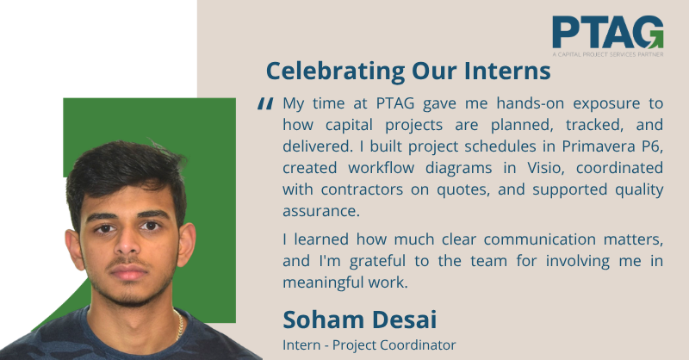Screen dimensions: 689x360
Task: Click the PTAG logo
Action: coord(608,36)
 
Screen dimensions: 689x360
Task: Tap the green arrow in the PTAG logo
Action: coord(655,40)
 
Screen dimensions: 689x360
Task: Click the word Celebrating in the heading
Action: coord(335,71)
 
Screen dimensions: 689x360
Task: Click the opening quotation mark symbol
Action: coord(265,103)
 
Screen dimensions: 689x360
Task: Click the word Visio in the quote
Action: coord(545,168)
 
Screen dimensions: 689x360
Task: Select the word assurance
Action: coord(321,212)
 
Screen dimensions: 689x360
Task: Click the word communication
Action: coord(539,239)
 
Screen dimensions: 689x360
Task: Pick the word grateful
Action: coord(377,262)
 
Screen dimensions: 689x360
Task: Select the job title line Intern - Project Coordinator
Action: coord(369,345)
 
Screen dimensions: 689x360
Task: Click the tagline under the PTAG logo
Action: coord(608,54)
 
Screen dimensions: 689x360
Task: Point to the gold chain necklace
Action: coord(179,326)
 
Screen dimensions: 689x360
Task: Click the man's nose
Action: coord(127,244)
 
